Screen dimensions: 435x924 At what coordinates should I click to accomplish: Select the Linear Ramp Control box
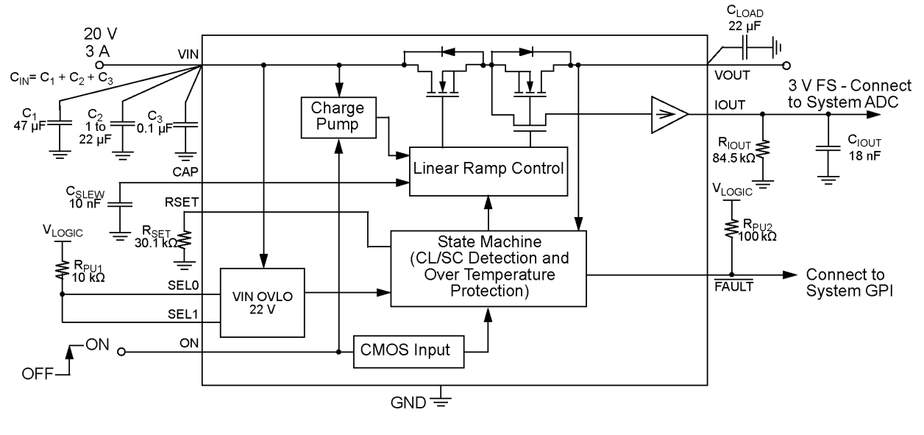(488, 169)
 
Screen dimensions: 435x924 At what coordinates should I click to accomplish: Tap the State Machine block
(488, 269)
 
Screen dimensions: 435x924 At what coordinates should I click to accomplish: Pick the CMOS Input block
(410, 350)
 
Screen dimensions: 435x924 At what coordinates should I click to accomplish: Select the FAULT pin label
(732, 286)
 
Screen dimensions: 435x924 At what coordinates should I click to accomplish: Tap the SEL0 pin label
(184, 283)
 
